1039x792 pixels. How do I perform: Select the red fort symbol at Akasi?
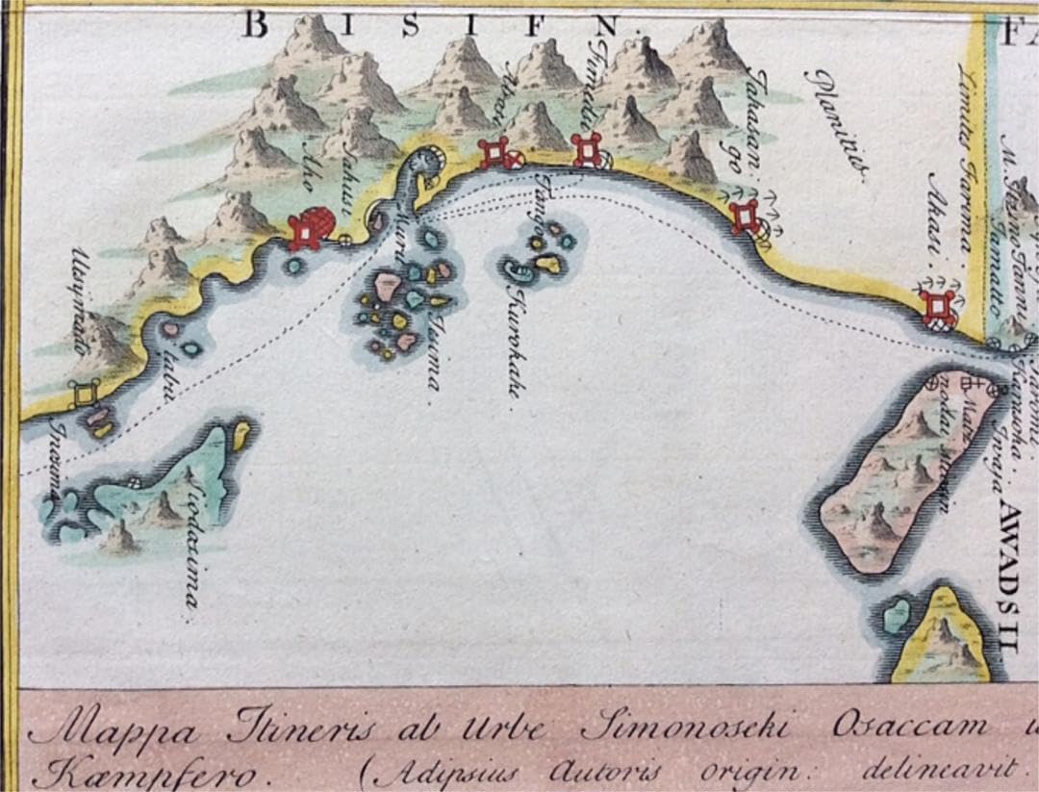point(938,308)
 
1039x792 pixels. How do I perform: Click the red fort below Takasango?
point(745,217)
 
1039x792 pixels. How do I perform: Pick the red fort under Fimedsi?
point(586,149)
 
